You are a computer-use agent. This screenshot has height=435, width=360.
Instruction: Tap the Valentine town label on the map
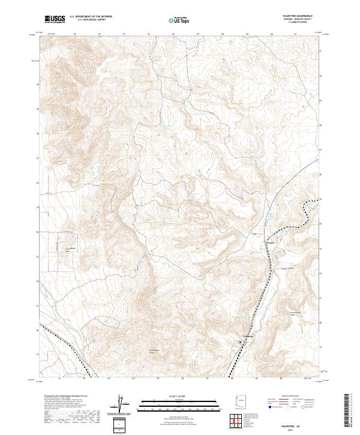pos(248,337)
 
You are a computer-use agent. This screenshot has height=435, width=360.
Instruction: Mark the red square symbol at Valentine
pos(241,343)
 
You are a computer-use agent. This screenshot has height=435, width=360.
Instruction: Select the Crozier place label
pos(270,242)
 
